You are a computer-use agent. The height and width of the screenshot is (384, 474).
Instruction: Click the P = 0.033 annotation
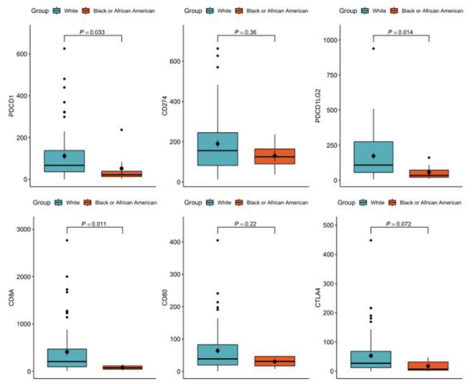tap(92, 32)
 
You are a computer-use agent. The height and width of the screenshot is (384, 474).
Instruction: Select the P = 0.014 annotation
tap(400, 32)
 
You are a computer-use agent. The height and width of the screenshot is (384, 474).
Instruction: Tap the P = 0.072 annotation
tap(399, 224)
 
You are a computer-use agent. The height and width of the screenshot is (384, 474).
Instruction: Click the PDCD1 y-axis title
tap(11, 106)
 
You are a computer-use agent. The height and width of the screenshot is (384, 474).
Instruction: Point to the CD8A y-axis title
tap(11, 297)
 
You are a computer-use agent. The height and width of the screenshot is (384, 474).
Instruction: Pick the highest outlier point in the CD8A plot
tap(67, 240)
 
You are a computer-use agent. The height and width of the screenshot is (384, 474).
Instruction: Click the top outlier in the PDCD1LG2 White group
tap(373, 48)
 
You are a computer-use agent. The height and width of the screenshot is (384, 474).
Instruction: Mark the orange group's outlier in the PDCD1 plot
tap(122, 130)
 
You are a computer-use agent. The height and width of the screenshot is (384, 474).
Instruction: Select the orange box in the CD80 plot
tap(275, 361)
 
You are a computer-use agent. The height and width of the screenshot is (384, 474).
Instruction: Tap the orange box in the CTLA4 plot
tap(428, 366)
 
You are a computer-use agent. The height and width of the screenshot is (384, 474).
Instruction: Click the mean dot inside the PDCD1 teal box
tap(64, 156)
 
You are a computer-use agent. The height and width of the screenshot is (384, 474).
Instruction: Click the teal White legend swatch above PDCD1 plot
tap(57, 11)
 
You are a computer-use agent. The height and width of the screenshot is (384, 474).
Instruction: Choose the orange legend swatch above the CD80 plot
tap(239, 203)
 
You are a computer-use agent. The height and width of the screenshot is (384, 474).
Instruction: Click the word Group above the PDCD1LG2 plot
tap(347, 11)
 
